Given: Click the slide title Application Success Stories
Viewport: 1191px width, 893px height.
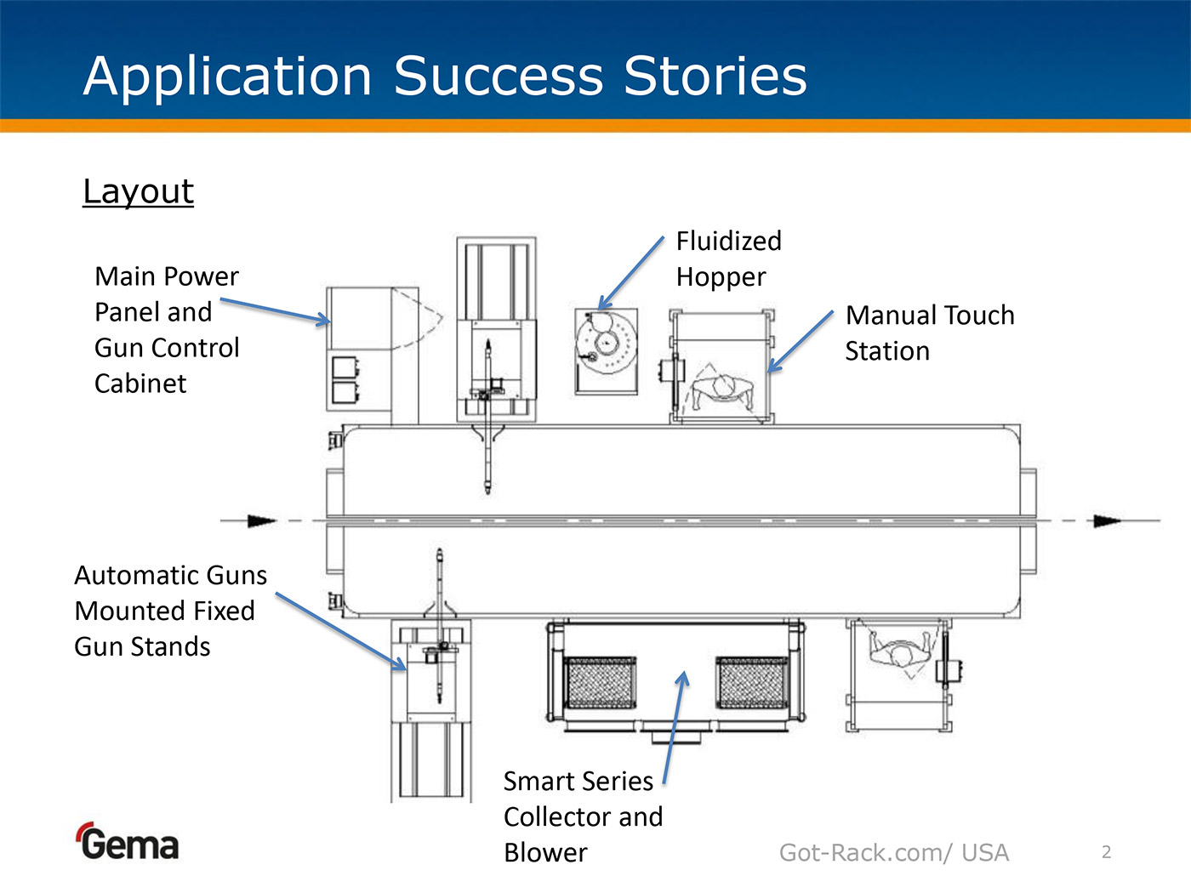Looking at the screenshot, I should click(445, 76).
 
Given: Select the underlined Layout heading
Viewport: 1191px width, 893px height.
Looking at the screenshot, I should click(138, 191).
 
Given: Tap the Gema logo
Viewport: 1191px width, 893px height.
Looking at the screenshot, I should click(128, 842).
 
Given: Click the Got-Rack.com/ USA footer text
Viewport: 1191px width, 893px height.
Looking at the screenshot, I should click(893, 852).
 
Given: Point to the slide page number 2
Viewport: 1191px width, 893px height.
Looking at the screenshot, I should click(1106, 852).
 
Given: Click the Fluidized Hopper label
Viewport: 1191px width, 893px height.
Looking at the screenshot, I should click(728, 259).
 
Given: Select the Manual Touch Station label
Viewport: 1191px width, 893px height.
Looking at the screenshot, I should click(929, 333).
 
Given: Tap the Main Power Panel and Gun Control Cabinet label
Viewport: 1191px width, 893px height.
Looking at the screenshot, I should click(167, 329).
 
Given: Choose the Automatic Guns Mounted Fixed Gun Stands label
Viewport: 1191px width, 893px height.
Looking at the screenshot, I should click(170, 611).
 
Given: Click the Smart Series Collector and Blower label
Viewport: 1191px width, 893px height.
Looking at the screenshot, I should click(583, 816).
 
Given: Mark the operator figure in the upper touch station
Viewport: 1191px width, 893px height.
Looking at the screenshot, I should click(723, 390).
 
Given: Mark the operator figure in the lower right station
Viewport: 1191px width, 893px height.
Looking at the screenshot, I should click(900, 651).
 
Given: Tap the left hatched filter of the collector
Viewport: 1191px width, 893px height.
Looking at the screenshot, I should click(601, 682).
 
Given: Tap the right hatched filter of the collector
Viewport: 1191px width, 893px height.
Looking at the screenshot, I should click(753, 682).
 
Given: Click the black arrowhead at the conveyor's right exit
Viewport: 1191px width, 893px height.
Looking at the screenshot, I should click(1106, 520).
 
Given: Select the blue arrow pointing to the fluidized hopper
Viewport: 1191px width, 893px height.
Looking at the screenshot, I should click(630, 273).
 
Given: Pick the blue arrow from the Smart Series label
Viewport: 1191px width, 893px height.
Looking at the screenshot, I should click(674, 727).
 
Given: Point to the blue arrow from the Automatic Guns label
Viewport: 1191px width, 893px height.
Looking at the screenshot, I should click(340, 631).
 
